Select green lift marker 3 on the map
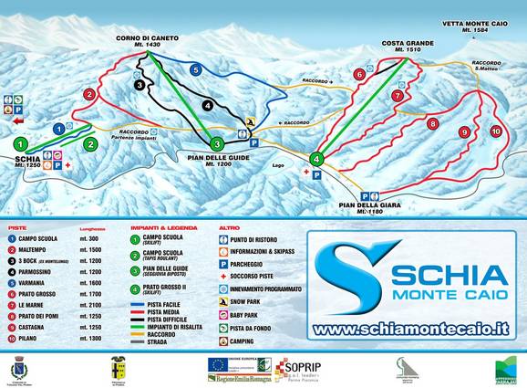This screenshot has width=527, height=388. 217,143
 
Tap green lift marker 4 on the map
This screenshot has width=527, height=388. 316,158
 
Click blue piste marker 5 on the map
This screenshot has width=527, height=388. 195,68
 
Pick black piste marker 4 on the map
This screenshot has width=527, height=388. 208,105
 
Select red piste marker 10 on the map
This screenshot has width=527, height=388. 495,131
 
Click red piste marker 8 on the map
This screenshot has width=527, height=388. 433,123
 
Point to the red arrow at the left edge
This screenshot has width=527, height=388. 17,118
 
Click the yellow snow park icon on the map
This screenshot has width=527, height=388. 250,121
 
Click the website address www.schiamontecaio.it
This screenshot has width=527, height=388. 408,327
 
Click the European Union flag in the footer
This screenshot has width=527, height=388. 218,363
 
